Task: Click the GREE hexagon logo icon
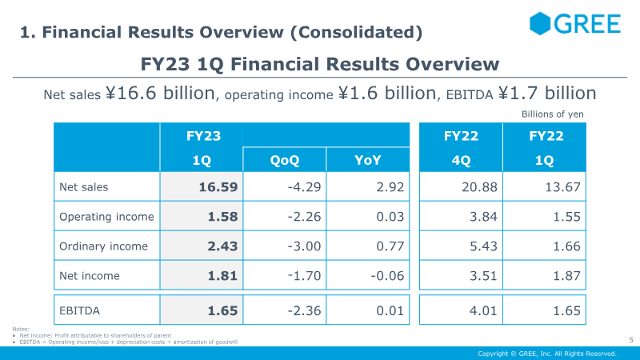[x=540, y=23]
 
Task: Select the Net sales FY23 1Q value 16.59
[x=218, y=187]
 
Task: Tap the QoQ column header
[x=285, y=160]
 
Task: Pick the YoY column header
[x=368, y=160]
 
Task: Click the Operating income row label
[x=106, y=216]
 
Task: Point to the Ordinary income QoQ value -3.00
[x=304, y=246]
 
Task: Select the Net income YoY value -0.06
[x=387, y=276]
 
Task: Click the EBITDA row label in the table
[x=79, y=310]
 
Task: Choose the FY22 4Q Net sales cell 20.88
[x=479, y=187]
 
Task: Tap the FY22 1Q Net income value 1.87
[x=566, y=276]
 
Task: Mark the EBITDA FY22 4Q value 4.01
[x=483, y=310]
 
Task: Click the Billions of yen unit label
[x=552, y=114]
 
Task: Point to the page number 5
[x=631, y=339]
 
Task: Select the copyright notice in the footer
[x=547, y=354]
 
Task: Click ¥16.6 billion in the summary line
[x=160, y=93]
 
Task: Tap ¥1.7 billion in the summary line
[x=547, y=93]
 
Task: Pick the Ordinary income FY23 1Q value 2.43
[x=222, y=246]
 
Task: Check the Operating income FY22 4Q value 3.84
[x=483, y=216]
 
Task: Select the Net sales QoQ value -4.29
[x=304, y=187]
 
